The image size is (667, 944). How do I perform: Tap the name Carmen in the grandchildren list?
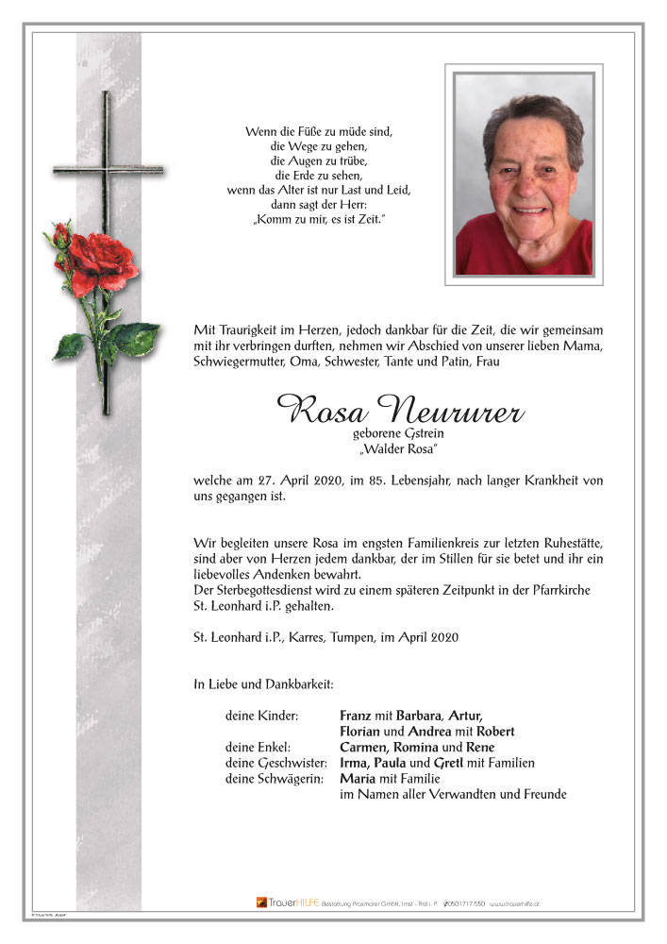click(x=364, y=747)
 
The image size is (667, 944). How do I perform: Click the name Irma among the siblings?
click(x=356, y=763)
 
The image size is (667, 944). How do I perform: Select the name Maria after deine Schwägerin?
click(x=359, y=779)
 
